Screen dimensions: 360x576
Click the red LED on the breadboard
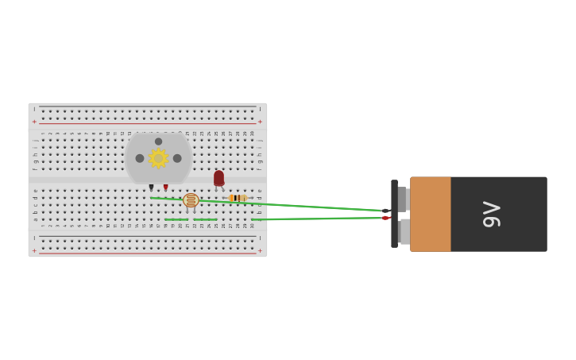[x=218, y=178]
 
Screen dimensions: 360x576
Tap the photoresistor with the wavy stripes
[x=191, y=200]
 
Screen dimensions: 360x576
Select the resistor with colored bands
[x=237, y=198]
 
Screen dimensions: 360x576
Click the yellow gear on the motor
[x=158, y=158]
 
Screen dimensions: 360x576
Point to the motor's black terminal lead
[x=151, y=188]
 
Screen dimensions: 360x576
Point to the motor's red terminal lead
[x=166, y=188]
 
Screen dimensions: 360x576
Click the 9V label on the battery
[x=492, y=215]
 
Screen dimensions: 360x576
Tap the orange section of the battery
[x=430, y=214]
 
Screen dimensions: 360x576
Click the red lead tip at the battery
[x=385, y=218]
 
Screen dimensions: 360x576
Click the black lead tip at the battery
[x=385, y=211]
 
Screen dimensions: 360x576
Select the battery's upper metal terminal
[x=404, y=199]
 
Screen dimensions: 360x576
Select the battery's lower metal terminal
[x=404, y=231]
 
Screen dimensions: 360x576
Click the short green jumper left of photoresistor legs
[x=176, y=219]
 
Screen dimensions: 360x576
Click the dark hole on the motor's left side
[x=140, y=158]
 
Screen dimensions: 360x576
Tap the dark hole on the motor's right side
[x=177, y=158]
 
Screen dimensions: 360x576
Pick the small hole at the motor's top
[x=159, y=141]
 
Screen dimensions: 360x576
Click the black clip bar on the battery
[x=394, y=214]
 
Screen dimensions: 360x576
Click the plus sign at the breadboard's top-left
[x=34, y=122]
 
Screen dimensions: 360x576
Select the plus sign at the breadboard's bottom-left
[x=34, y=250]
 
